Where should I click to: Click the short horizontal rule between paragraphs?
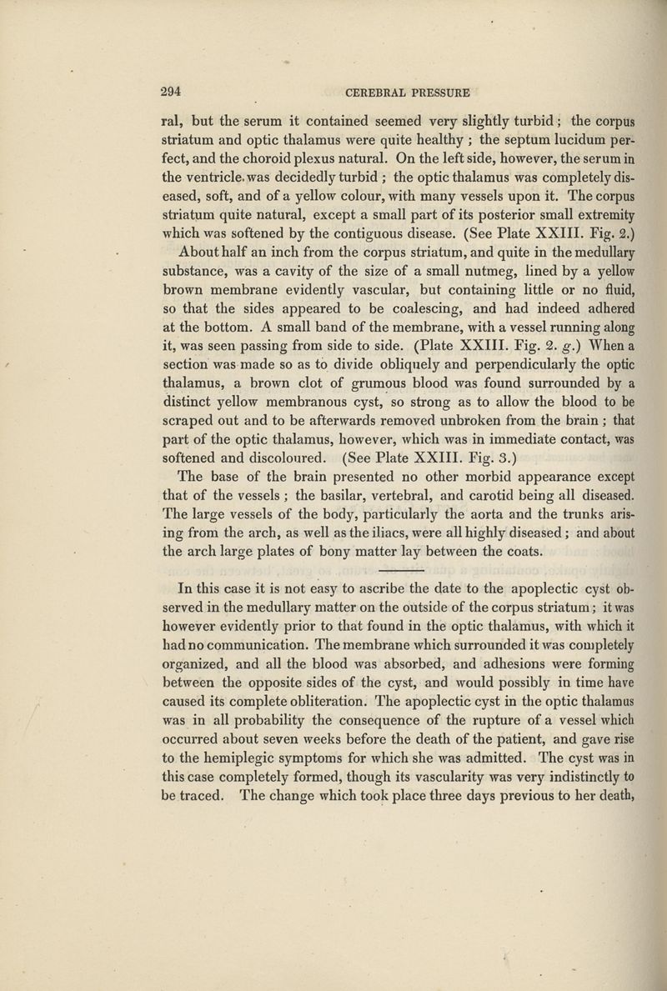[x=403, y=569]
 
